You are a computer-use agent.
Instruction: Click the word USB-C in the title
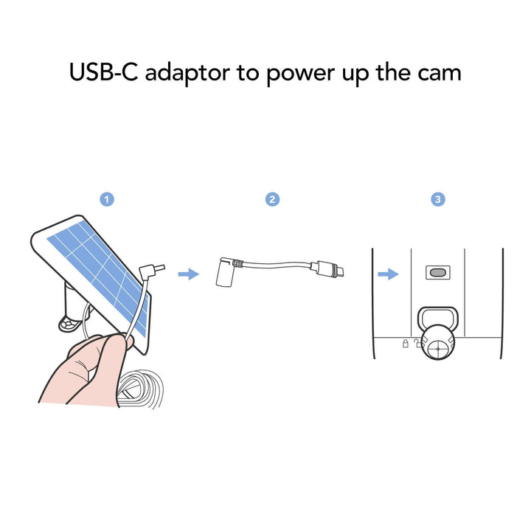pyautogui.click(x=104, y=72)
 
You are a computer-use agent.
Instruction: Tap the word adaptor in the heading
pyautogui.click(x=187, y=74)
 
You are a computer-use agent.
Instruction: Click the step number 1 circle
pyautogui.click(x=107, y=199)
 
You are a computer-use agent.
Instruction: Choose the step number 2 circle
pyautogui.click(x=272, y=199)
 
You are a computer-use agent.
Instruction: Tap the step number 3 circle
pyautogui.click(x=438, y=199)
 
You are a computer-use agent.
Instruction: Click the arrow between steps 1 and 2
pyautogui.click(x=188, y=274)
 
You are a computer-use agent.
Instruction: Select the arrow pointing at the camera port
pyautogui.click(x=388, y=274)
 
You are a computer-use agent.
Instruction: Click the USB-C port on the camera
pyautogui.click(x=438, y=272)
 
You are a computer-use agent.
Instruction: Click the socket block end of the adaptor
pyautogui.click(x=224, y=272)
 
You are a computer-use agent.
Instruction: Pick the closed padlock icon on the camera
pyautogui.click(x=406, y=344)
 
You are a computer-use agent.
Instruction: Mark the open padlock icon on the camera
pyautogui.click(x=418, y=343)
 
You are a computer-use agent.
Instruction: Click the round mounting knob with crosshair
pyautogui.click(x=437, y=343)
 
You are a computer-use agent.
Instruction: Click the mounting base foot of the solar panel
pyautogui.click(x=71, y=324)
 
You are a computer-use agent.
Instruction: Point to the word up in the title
pyautogui.click(x=355, y=76)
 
